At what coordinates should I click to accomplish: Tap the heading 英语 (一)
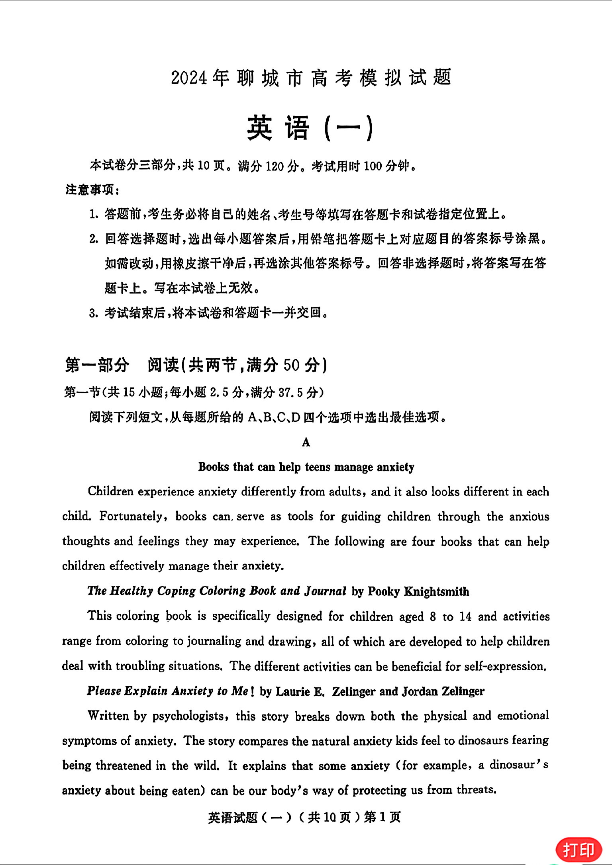[x=310, y=128]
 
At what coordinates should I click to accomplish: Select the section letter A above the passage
[x=306, y=442]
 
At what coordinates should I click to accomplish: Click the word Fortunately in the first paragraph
[x=131, y=517]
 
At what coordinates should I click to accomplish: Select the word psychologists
[x=188, y=716]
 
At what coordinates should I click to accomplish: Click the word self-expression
[x=505, y=666]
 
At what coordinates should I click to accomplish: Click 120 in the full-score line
[x=274, y=166]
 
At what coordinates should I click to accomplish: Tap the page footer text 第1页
[x=382, y=818]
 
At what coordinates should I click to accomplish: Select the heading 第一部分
[x=97, y=365]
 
